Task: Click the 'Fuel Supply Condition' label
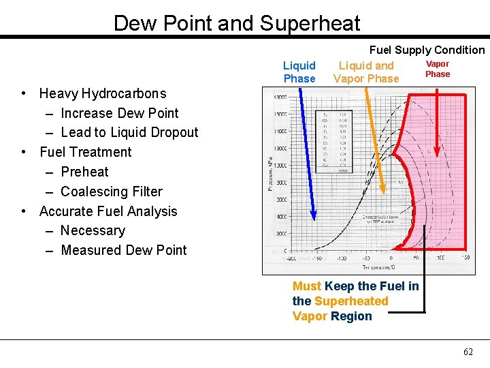(427, 50)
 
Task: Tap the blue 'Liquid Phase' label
(299, 72)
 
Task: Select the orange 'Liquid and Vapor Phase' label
(366, 72)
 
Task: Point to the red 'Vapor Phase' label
(438, 69)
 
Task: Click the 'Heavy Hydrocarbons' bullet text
(103, 93)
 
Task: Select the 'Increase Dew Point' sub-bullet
(119, 113)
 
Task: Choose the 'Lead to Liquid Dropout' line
(129, 132)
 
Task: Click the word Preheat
(84, 172)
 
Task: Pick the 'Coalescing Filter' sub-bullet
(112, 191)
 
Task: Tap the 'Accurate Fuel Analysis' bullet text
(108, 211)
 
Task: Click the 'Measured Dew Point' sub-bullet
(123, 250)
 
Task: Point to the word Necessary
(93, 230)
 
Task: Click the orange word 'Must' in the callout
(307, 286)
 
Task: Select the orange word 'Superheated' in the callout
(351, 301)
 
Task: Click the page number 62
(468, 352)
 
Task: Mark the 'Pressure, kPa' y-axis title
(271, 174)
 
